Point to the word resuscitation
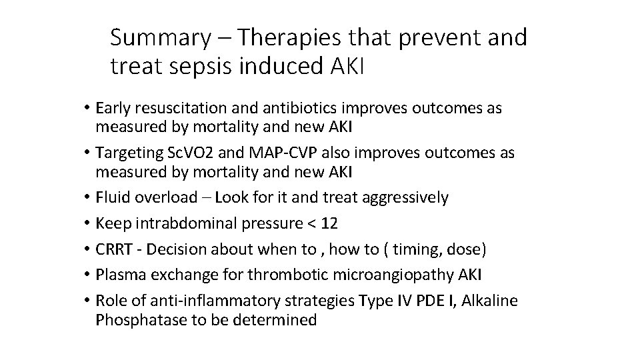pyautogui.click(x=180, y=107)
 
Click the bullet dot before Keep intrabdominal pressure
pyautogui.click(x=87, y=223)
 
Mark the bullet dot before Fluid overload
pyautogui.click(x=87, y=198)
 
